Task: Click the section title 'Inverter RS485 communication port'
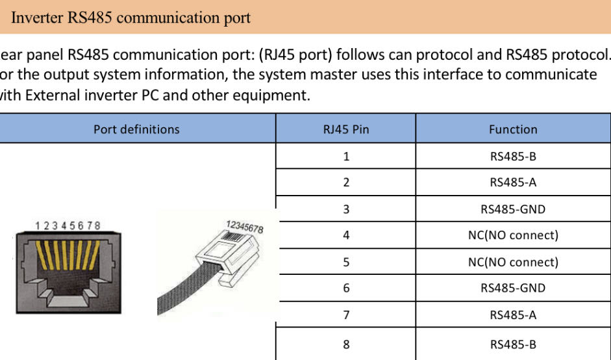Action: [131, 18]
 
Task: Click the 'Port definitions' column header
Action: [136, 129]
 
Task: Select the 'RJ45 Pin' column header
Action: [346, 129]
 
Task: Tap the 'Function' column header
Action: [513, 129]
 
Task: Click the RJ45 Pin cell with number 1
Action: [346, 156]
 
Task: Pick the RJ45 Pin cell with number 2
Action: [346, 183]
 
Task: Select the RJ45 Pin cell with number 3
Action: [346, 209]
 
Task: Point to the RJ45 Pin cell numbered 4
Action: [346, 235]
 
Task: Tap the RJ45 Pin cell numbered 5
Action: [346, 262]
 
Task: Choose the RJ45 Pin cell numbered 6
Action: [346, 288]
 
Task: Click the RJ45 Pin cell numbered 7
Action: [346, 315]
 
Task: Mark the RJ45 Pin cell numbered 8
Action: [346, 344]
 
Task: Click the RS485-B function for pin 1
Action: [513, 156]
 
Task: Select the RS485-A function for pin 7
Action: [513, 315]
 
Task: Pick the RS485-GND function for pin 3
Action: [513, 209]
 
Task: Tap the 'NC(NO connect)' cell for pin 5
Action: [513, 262]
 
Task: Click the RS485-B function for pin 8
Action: [513, 344]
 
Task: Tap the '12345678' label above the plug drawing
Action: [244, 227]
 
